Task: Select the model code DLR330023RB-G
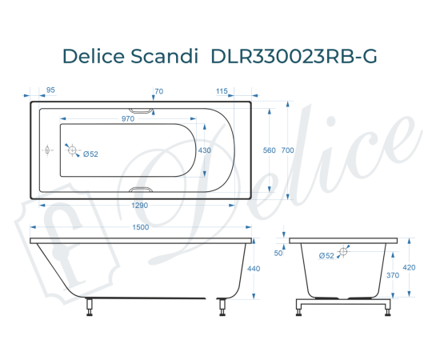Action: (x=294, y=57)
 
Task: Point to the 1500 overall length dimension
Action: (x=140, y=227)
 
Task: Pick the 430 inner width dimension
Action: (x=206, y=150)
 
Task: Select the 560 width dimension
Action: (x=269, y=150)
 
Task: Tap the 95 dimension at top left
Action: (x=51, y=91)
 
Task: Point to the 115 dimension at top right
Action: (x=222, y=91)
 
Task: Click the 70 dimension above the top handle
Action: (x=158, y=91)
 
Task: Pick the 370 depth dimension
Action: (x=394, y=274)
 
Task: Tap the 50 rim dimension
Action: (x=278, y=253)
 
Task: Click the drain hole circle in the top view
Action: (x=73, y=150)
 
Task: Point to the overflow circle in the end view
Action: (x=343, y=252)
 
